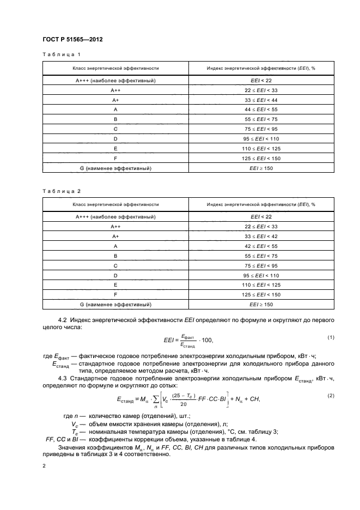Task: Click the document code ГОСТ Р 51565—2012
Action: (72, 40)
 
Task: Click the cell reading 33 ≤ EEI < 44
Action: (260, 100)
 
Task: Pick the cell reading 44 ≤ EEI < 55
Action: (260, 110)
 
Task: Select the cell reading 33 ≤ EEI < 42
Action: (260, 236)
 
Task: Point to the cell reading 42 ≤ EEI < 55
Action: (260, 246)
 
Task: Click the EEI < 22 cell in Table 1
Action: (260, 81)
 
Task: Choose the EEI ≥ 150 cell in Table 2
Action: (260, 305)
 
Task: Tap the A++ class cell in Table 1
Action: (115, 90)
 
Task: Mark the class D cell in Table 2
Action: (115, 275)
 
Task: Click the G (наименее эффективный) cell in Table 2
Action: (115, 305)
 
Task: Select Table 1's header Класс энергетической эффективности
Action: (115, 68)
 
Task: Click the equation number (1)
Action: (331, 337)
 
